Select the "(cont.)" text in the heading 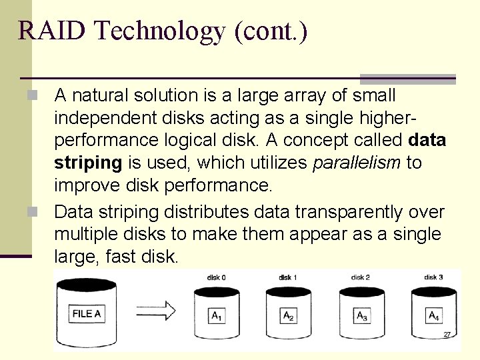click(271, 31)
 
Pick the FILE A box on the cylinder click(87, 314)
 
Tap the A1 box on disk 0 click(217, 316)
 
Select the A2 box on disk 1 click(289, 316)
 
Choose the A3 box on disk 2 click(362, 316)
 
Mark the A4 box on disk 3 click(433, 316)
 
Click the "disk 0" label click(216, 277)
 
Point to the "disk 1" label click(288, 277)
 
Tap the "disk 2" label click(361, 277)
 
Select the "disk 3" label click(433, 277)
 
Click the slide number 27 click(447, 334)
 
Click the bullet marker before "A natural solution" click(42, 95)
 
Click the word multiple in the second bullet click(86, 235)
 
